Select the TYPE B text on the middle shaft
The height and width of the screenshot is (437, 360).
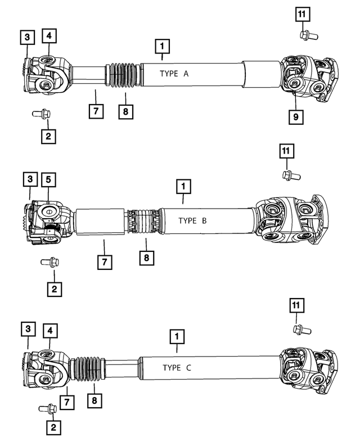click(192, 220)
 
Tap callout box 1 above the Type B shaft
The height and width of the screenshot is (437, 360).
click(183, 186)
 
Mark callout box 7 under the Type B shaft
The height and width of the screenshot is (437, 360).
click(103, 262)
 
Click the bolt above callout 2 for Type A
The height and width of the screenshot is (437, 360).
click(42, 114)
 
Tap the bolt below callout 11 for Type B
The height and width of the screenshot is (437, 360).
click(291, 175)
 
